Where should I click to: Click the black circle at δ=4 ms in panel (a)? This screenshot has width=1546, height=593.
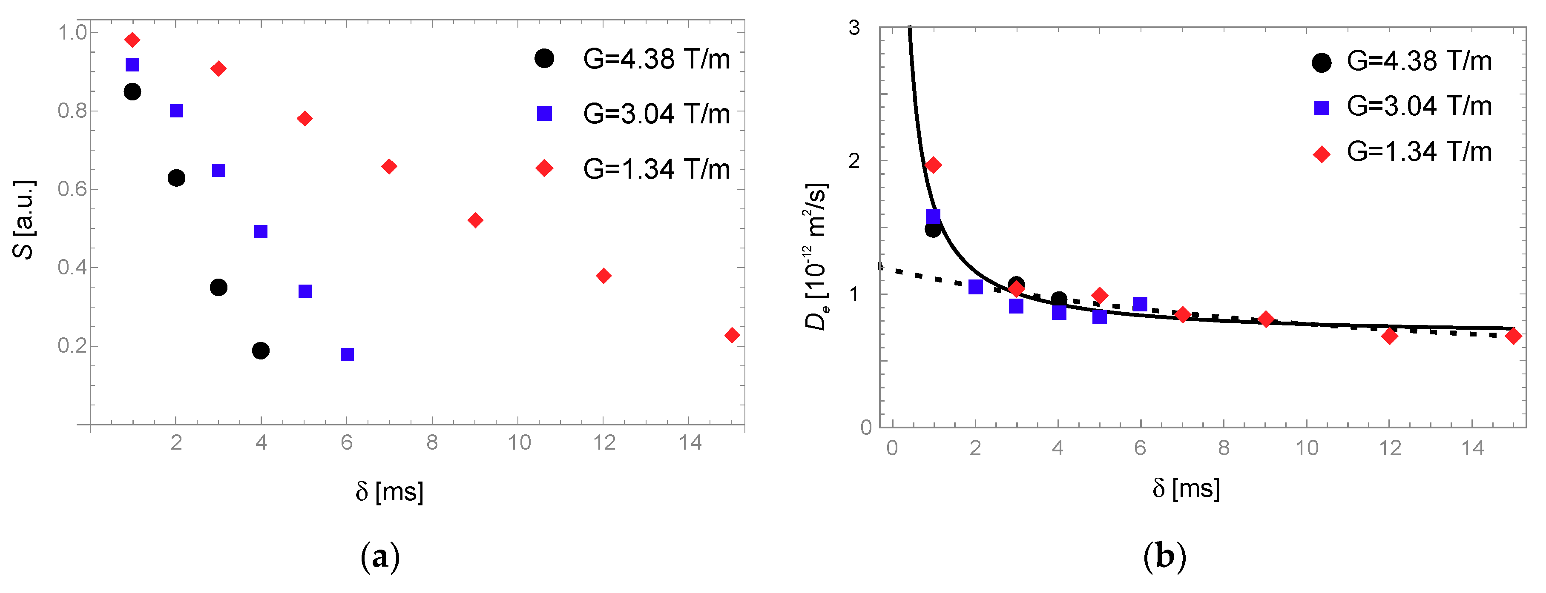pyautogui.click(x=261, y=351)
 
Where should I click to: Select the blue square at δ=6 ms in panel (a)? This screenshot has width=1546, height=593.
pyautogui.click(x=347, y=354)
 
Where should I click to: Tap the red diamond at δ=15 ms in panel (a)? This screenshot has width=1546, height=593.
pyautogui.click(x=732, y=335)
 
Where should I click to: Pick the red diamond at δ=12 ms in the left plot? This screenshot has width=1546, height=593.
pyautogui.click(x=604, y=276)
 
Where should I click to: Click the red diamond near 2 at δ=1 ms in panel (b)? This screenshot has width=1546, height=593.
pyautogui.click(x=933, y=165)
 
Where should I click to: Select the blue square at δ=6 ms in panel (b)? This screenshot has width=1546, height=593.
pyautogui.click(x=1140, y=304)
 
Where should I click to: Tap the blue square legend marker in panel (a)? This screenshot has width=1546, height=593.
pyautogui.click(x=544, y=113)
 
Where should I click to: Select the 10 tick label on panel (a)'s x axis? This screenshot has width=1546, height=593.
pyautogui.click(x=519, y=443)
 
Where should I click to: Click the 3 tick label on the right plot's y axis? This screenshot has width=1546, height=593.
pyautogui.click(x=854, y=28)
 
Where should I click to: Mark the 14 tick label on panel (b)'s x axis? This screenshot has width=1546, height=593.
pyautogui.click(x=1472, y=448)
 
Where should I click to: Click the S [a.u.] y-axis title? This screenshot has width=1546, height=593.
pyautogui.click(x=24, y=219)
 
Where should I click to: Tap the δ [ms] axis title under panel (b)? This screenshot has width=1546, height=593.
pyautogui.click(x=1186, y=489)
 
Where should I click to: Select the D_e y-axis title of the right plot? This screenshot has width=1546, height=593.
pyautogui.click(x=816, y=257)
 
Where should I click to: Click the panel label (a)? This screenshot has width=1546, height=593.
pyautogui.click(x=380, y=558)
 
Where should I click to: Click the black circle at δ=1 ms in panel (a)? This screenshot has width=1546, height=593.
pyautogui.click(x=132, y=92)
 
